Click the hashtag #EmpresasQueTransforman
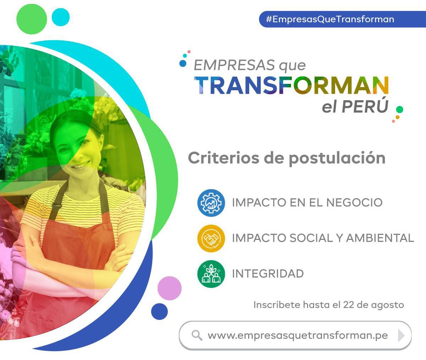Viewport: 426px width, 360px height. coord(330,20)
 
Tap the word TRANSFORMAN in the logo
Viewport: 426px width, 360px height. coord(291,85)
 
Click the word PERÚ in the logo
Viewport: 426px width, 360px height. coord(365,106)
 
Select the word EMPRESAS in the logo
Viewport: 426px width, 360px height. coord(234,65)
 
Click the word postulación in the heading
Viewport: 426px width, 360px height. coord(337,159)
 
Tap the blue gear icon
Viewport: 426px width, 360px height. coord(211,203)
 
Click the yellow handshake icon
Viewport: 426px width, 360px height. coord(211,238)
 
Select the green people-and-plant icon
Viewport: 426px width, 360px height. coord(211,274)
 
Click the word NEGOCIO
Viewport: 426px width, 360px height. coord(354,203)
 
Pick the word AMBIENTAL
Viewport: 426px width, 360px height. coord(380,238)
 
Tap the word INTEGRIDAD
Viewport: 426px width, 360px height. coord(268,274)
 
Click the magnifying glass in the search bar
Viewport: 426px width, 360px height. coord(197,335)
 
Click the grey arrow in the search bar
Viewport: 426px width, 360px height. coord(401,335)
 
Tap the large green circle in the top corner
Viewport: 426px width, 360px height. coord(32,19)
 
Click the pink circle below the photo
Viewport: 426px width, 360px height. coord(170,288)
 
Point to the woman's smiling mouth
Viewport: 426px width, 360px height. coord(82,165)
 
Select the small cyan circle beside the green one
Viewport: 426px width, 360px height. coord(61,17)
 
